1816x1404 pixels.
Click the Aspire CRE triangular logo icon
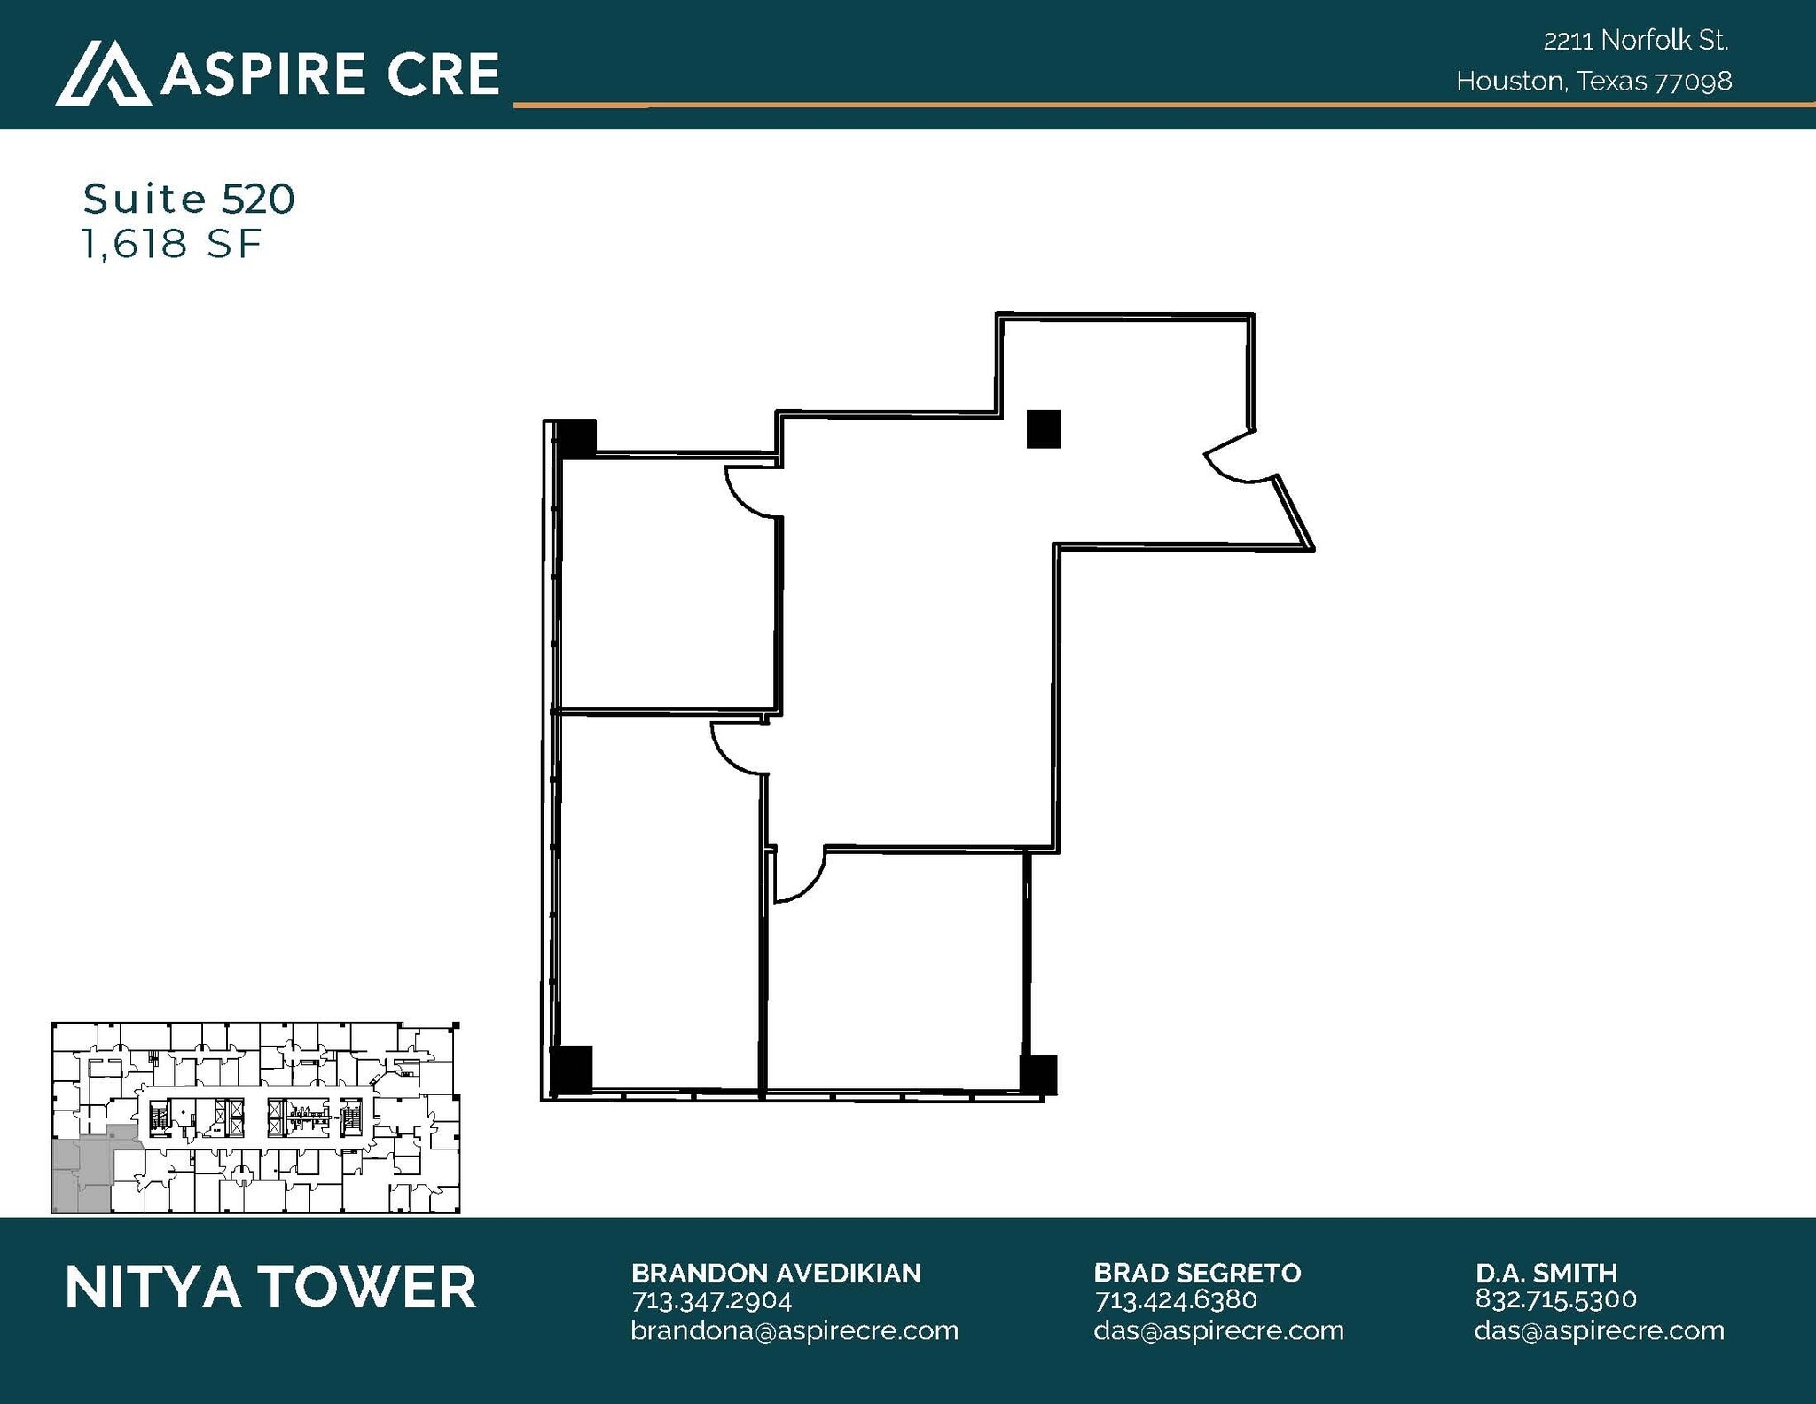pos(102,75)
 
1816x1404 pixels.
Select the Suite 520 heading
pos(189,200)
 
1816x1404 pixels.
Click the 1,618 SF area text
pos(172,244)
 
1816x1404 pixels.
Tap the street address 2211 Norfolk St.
pos(1635,41)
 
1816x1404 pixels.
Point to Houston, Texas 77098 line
pos(1593,82)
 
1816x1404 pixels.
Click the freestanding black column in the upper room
pos(1043,428)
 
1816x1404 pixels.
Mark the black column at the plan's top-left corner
pos(577,438)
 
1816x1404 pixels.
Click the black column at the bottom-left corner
pos(571,1069)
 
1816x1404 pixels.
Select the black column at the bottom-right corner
pos(1038,1074)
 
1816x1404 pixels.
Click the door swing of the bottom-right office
pos(800,875)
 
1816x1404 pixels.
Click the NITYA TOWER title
pos(270,1288)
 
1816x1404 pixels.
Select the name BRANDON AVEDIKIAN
pos(776,1274)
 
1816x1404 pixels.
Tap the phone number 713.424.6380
pos(1175,1300)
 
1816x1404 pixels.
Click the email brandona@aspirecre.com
pos(794,1331)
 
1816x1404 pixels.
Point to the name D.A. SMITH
pos(1546,1274)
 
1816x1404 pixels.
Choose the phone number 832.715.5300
pos(1555,1299)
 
